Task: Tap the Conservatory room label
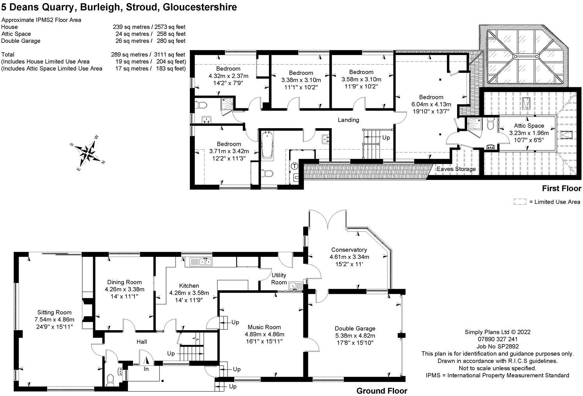click(349, 250)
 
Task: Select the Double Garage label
click(355, 328)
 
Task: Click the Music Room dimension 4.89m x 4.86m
click(265, 334)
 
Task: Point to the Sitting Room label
click(55, 313)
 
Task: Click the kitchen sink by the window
click(201, 262)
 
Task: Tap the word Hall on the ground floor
click(142, 341)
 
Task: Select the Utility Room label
click(279, 279)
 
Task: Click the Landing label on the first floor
click(348, 120)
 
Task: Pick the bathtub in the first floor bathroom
click(267, 145)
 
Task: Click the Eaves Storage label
click(456, 169)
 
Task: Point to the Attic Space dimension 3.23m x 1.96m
click(529, 133)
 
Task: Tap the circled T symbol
click(294, 166)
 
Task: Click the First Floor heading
click(562, 188)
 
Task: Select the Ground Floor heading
click(382, 391)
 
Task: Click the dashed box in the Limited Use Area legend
click(520, 202)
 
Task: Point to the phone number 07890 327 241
click(498, 339)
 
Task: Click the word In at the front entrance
click(146, 369)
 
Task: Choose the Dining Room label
click(124, 282)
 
